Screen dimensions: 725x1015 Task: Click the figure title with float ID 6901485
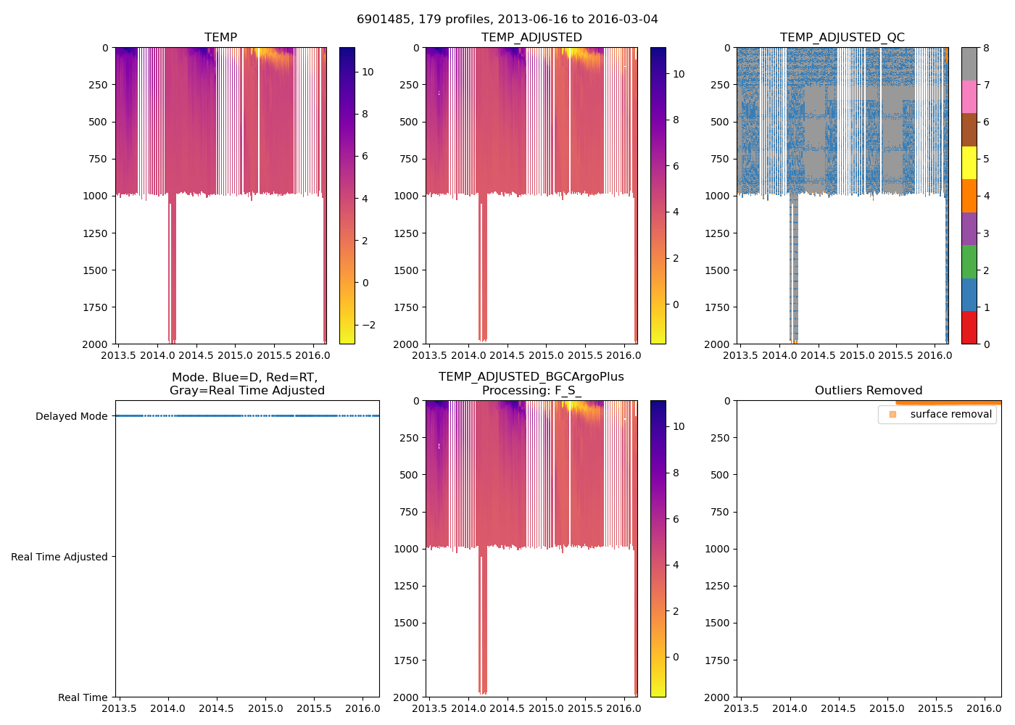[x=507, y=20]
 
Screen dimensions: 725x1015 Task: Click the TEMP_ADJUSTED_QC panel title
[x=842, y=38]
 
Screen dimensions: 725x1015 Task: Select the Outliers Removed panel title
[x=868, y=391]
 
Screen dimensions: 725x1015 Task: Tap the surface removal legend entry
[x=950, y=415]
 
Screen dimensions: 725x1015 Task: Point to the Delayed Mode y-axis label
[x=71, y=416]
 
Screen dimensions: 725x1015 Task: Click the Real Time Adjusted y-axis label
[x=59, y=557]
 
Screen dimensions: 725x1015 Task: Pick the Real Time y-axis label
[x=83, y=697]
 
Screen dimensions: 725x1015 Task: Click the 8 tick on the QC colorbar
[x=986, y=49]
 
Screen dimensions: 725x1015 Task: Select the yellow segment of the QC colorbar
[x=969, y=163]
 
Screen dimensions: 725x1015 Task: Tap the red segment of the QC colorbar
[x=969, y=328]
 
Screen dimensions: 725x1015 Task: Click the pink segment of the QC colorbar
[x=969, y=97]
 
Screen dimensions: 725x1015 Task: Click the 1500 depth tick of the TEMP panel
[x=97, y=270]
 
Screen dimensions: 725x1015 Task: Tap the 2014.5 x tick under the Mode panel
[x=216, y=709]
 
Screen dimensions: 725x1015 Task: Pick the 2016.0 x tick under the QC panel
[x=935, y=356]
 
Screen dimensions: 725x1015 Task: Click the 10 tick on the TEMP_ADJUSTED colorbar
[x=679, y=74]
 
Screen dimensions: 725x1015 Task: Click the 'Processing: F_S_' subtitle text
[x=531, y=391]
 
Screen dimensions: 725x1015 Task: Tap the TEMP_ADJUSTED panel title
[x=531, y=38]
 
